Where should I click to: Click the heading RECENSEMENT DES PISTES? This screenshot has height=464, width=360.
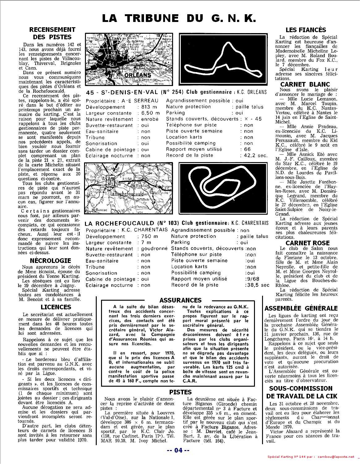(x=52, y=33)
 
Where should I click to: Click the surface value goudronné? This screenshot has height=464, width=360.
(x=154, y=249)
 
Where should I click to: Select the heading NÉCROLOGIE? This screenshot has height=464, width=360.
(x=51, y=261)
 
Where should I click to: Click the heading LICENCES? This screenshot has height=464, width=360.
(x=56, y=307)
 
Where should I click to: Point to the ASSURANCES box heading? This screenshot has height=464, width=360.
(x=180, y=300)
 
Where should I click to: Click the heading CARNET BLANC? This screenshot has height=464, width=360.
(x=305, y=84)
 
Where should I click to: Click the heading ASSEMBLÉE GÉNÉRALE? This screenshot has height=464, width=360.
(x=301, y=308)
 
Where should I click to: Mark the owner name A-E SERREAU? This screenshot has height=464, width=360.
(x=145, y=101)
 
